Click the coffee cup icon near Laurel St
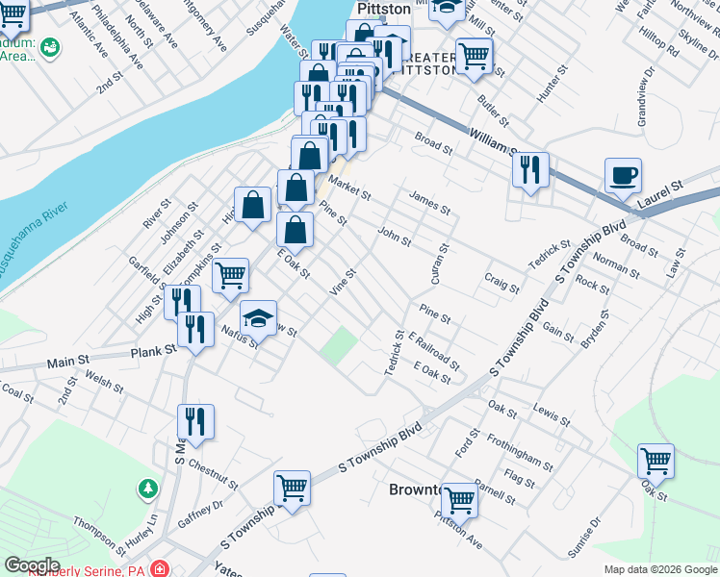pyautogui.click(x=623, y=177)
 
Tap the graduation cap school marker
pyautogui.click(x=258, y=318)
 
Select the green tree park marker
pyautogui.click(x=146, y=489)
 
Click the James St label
pyautogui.click(x=429, y=202)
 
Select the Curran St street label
pyautogui.click(x=442, y=263)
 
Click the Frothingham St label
pyautogui.click(x=519, y=452)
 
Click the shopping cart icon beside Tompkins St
pyautogui.click(x=230, y=276)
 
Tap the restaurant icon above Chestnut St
pyautogui.click(x=194, y=421)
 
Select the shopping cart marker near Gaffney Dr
pyautogui.click(x=292, y=488)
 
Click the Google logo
pyautogui.click(x=31, y=565)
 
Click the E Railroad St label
pyautogui.click(x=434, y=351)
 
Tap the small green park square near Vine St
pyautogui.click(x=337, y=344)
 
